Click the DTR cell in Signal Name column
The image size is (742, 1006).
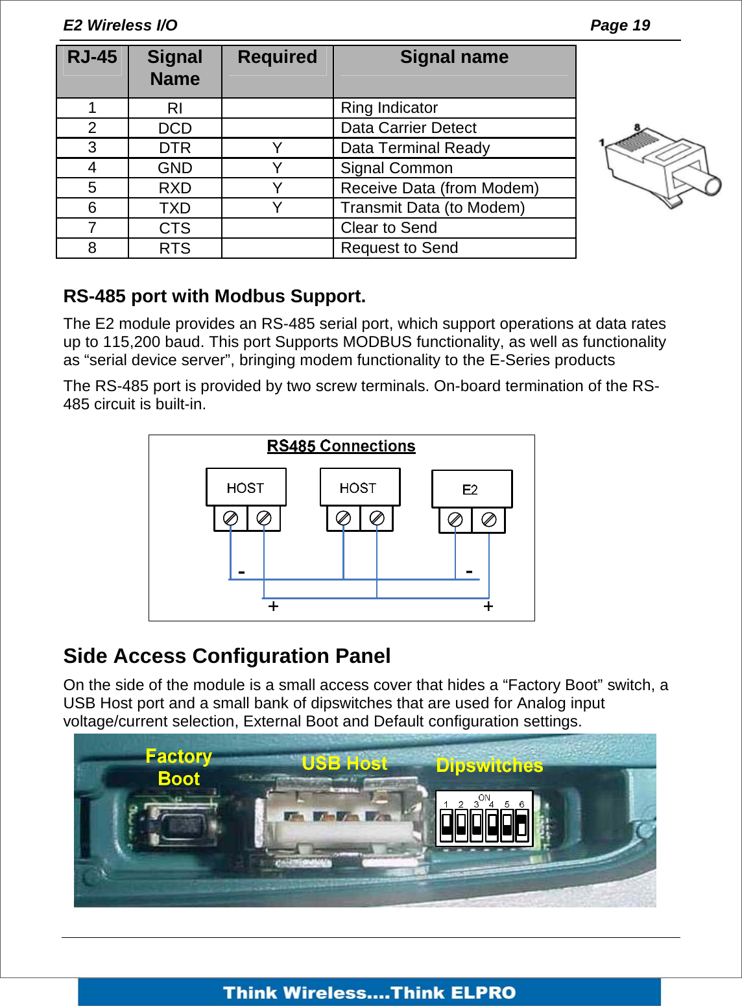[174, 148]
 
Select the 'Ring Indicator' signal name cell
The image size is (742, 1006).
[389, 108]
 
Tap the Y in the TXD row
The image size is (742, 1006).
[277, 208]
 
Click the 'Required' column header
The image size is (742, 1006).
[277, 58]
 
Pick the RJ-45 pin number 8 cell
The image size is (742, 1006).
[92, 248]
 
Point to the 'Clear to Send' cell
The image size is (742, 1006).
[389, 228]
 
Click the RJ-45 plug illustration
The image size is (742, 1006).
[658, 165]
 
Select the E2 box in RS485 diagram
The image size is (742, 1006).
[472, 489]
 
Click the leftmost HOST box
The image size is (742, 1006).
[246, 488]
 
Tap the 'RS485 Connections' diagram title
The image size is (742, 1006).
[341, 446]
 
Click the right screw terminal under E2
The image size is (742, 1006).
[489, 520]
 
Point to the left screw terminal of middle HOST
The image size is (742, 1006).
[344, 518]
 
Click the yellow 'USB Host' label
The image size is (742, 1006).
[344, 763]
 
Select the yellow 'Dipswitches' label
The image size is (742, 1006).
[490, 765]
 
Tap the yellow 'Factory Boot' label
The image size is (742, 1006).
[179, 767]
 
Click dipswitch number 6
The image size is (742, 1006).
[521, 825]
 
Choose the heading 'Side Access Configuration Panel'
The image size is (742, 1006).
[227, 656]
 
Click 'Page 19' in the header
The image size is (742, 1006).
[619, 25]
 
